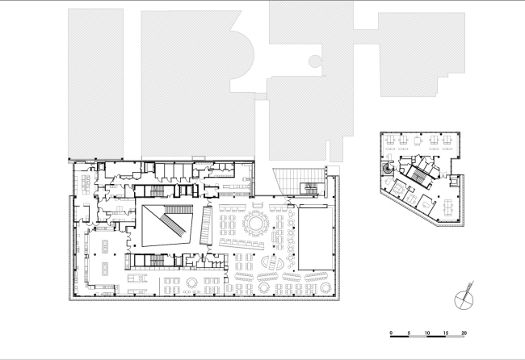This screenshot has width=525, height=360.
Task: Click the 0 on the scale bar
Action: [391, 333]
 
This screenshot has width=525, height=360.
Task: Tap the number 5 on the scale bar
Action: [409, 333]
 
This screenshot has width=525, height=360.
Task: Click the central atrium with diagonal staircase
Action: [166, 225]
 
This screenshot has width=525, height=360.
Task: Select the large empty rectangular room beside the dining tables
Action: [313, 238]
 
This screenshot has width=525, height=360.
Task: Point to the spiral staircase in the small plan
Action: [388, 170]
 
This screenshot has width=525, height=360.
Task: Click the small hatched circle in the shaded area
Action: [316, 59]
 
